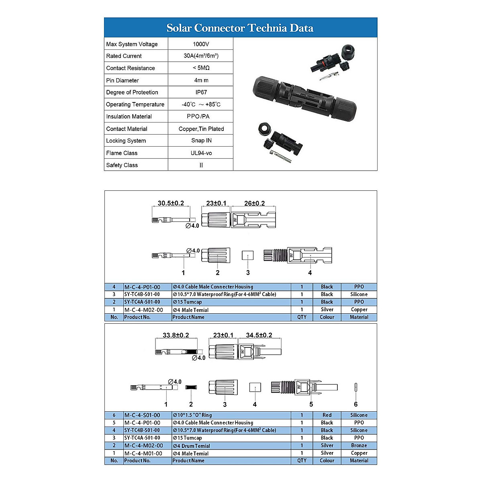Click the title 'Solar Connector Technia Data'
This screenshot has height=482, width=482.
tap(240, 28)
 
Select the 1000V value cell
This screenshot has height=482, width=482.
tap(201, 44)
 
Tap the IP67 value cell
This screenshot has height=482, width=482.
tap(201, 92)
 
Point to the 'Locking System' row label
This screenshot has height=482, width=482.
tap(126, 141)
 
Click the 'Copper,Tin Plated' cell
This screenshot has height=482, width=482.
tap(201, 129)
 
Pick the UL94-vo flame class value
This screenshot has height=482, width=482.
tap(201, 153)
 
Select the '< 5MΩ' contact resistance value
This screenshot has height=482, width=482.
tap(201, 68)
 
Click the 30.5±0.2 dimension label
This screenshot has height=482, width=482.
tap(171, 203)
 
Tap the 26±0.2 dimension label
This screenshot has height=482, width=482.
tap(255, 203)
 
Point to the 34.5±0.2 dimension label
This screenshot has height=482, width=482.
tap(259, 335)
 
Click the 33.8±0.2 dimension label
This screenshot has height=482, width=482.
tap(176, 335)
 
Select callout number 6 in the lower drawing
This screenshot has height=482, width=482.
tap(355, 404)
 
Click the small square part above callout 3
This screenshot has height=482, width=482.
tap(248, 255)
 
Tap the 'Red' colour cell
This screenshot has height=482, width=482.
tap(327, 415)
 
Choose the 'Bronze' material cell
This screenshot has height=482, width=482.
tap(359, 445)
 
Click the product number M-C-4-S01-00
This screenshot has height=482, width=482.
tap(142, 415)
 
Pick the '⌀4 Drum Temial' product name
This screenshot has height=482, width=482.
tap(192, 446)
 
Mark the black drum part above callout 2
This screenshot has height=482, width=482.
tap(191, 387)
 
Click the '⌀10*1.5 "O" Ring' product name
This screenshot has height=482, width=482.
tap(192, 415)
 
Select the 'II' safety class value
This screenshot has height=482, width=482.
tap(201, 165)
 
